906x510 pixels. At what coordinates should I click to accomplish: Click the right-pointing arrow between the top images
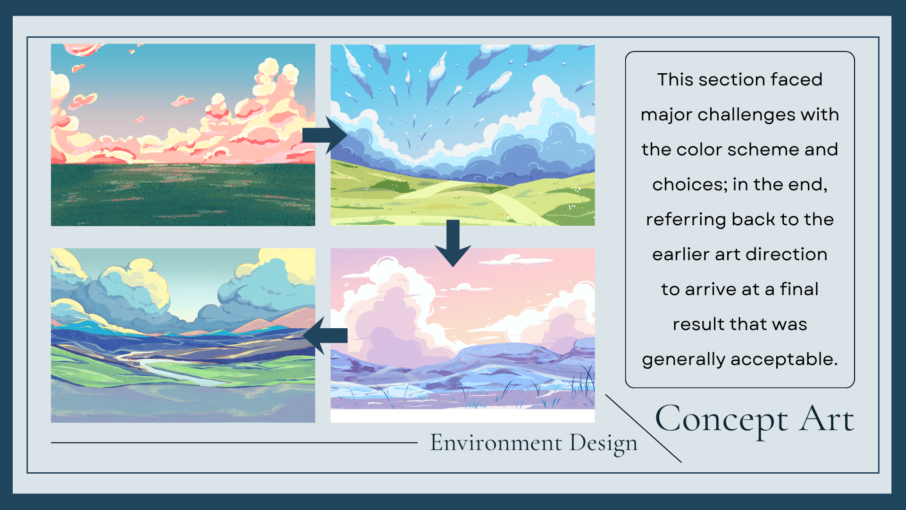pyautogui.click(x=325, y=135)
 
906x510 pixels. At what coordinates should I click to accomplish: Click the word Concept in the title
pyautogui.click(x=721, y=420)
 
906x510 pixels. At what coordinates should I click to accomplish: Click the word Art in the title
pyautogui.click(x=826, y=418)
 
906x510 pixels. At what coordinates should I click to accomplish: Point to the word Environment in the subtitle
pyautogui.click(x=496, y=443)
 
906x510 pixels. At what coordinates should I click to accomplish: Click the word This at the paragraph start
pyautogui.click(x=675, y=79)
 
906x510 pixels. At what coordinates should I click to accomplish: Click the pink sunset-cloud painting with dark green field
pyautogui.click(x=183, y=135)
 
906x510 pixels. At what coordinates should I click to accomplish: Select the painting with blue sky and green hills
pyautogui.click(x=462, y=135)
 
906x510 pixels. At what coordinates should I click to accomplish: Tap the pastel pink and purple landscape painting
pyautogui.click(x=462, y=335)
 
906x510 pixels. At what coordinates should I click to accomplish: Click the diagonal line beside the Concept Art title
pyautogui.click(x=644, y=428)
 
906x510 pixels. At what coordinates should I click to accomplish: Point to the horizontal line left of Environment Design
pyautogui.click(x=234, y=443)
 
